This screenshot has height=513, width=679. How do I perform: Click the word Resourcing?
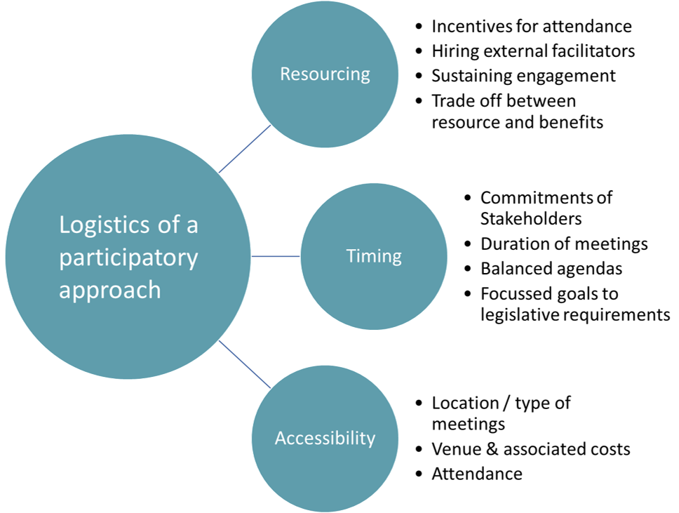325,74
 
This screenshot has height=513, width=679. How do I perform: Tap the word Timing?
374,256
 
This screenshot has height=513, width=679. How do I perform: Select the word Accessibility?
325,439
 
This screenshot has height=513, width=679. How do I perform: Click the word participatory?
128,258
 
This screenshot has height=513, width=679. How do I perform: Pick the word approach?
109,290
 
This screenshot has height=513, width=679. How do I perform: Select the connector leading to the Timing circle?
276,256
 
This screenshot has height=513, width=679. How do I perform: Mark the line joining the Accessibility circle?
245,364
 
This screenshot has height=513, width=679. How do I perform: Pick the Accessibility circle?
325,477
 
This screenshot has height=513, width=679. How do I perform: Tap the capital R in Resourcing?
285,74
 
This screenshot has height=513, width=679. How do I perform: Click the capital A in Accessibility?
280,439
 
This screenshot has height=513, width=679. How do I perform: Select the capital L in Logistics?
64,225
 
